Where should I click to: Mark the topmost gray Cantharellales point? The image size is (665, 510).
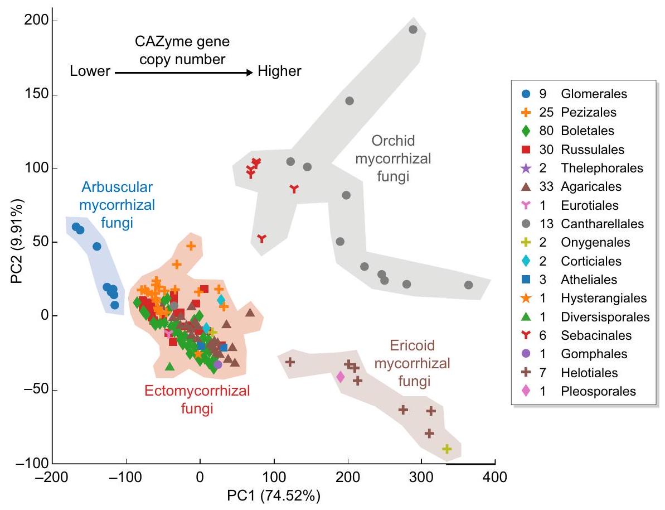click(413, 30)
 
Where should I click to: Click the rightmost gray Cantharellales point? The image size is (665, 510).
click(468, 285)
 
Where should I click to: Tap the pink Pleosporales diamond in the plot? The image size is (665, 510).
click(340, 377)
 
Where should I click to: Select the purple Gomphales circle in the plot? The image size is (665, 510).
click(218, 364)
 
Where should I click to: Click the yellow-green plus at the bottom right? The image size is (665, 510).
click(446, 449)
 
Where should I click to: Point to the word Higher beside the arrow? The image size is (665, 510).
click(280, 71)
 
